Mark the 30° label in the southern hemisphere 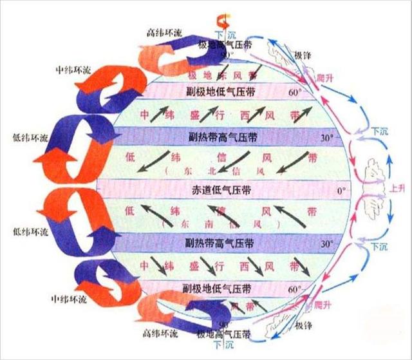328,245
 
